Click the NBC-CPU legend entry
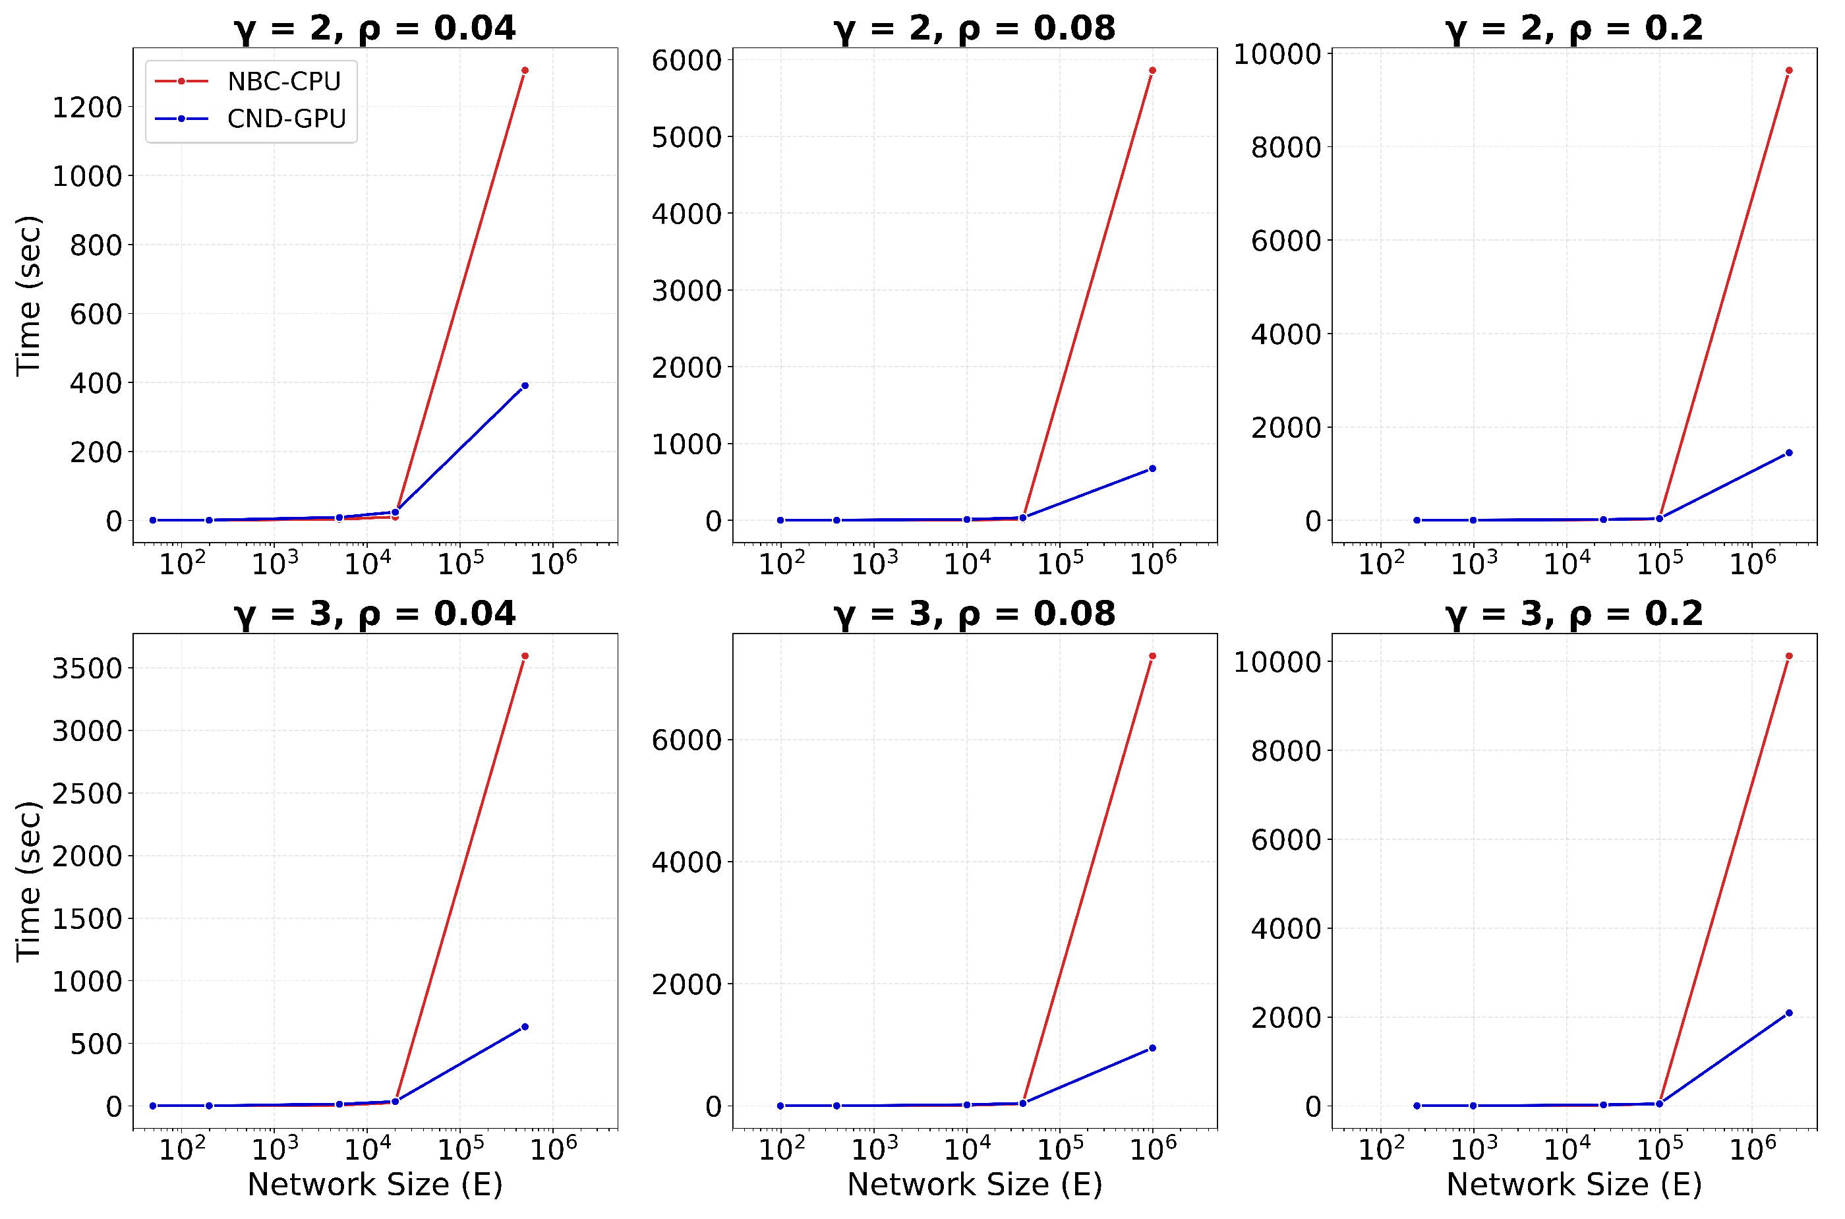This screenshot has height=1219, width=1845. click(283, 81)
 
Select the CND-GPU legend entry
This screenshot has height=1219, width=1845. click(286, 119)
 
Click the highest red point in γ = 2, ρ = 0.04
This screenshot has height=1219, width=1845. click(525, 71)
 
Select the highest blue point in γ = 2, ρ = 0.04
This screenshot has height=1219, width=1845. click(525, 386)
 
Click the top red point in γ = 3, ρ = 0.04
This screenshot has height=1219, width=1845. click(525, 656)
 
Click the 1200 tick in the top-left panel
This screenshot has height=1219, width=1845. click(87, 107)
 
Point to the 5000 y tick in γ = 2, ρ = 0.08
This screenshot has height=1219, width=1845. click(686, 137)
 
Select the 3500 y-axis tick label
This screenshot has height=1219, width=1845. click(87, 669)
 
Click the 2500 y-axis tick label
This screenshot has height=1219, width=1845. click(87, 794)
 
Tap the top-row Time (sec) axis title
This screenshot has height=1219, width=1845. click(29, 295)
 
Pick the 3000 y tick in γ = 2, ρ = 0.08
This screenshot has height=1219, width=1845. click(686, 291)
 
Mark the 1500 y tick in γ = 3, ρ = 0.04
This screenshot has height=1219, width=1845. click(87, 919)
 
